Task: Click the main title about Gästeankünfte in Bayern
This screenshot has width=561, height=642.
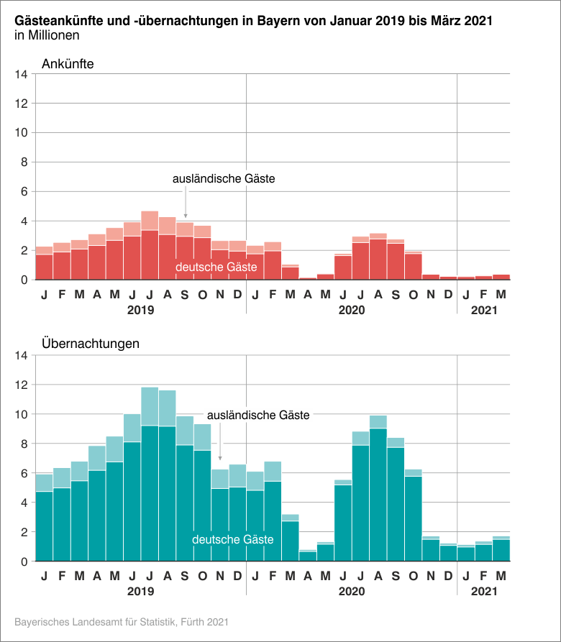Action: (x=253, y=21)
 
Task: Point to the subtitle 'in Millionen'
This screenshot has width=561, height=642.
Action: (x=47, y=35)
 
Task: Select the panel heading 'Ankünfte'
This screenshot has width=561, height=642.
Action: (x=68, y=63)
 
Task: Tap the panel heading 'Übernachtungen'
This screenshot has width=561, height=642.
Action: (x=91, y=344)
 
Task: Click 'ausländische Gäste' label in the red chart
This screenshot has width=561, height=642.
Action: (x=224, y=178)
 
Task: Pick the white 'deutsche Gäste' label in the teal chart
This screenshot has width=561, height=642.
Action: (x=232, y=539)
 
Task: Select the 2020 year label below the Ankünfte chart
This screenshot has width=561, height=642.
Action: (x=351, y=311)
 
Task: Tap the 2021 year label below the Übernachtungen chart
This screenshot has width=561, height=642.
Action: (x=483, y=592)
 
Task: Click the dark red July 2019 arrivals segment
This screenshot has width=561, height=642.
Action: (x=150, y=255)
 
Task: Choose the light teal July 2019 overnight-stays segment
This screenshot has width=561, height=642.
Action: (x=150, y=406)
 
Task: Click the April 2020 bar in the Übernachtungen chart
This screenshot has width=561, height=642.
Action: (x=308, y=556)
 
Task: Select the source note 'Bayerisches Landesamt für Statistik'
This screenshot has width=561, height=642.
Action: (x=122, y=620)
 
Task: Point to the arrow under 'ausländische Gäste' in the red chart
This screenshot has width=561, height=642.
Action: (x=186, y=205)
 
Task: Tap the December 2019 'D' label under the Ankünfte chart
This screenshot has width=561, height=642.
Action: (x=237, y=294)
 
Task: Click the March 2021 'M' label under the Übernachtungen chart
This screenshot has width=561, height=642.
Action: (x=501, y=575)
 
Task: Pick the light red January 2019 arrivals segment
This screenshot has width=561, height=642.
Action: (x=44, y=250)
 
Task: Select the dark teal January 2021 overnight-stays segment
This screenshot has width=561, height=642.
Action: (x=466, y=554)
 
